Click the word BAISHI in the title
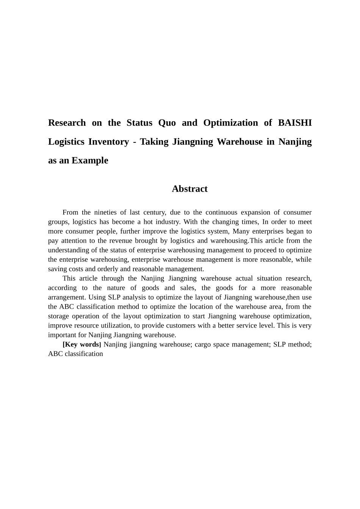pyautogui.click(x=295, y=123)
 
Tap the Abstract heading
pyautogui.click(x=189, y=189)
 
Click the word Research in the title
pyautogui.click(x=67, y=123)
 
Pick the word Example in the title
pyautogui.click(x=90, y=160)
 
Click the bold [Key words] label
pyautogui.click(x=81, y=344)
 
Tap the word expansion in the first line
pyautogui.click(x=257, y=212)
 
